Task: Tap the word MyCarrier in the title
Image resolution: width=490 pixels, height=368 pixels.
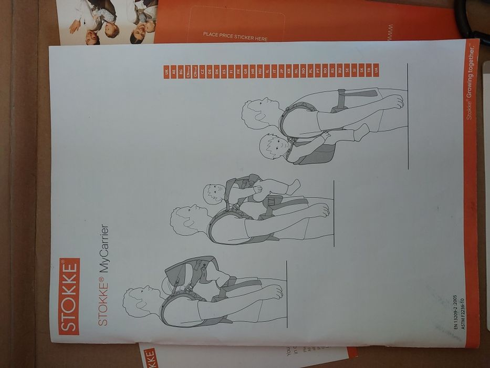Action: coord(104,248)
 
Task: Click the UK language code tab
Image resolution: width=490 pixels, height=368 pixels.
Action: coord(166,72)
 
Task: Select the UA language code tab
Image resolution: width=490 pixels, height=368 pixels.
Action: coord(376,70)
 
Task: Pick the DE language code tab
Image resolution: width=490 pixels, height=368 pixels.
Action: coord(210,71)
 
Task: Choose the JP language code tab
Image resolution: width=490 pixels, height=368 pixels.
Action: coord(282,71)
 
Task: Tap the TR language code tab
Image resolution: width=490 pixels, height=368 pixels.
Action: coord(368,70)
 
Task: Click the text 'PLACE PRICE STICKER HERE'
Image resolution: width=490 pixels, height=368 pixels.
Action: coord(235,37)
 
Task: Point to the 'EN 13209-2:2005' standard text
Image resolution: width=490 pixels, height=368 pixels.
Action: coord(455,313)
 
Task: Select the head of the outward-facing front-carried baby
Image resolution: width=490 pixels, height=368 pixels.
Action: coord(214,195)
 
